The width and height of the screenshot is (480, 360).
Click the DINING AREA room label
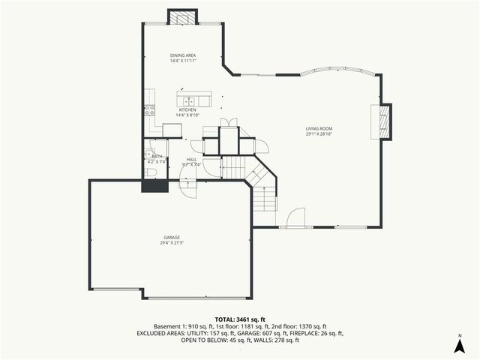182,55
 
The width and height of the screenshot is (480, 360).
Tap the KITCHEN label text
187,109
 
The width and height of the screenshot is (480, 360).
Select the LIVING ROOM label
319,128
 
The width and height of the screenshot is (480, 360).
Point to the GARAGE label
171,237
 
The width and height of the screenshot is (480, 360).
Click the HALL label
191,160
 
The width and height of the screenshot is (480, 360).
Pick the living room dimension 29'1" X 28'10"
319,133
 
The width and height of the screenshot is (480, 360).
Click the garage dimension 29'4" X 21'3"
171,242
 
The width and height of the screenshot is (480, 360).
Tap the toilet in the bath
151,172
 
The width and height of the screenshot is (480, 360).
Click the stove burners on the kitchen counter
148,109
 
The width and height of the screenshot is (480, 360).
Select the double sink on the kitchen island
187,100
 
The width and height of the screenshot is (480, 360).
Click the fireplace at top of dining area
182,18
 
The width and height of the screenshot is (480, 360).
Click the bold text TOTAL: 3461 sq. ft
239,319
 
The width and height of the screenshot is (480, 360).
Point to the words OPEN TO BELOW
203,340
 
